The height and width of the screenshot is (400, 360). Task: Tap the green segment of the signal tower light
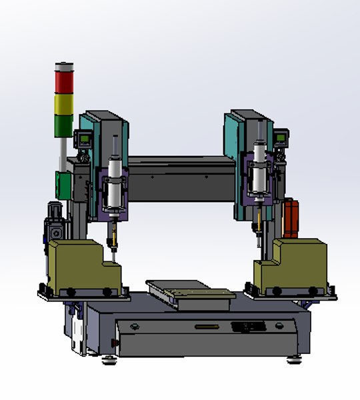coord(65,125)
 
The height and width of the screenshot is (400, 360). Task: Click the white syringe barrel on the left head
coord(114,183)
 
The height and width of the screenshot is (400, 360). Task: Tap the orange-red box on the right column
coord(292,217)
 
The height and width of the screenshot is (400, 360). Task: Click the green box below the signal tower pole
coord(63,185)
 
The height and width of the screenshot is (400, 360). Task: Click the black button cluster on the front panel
coord(250,326)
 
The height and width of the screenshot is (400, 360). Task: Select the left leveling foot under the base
coord(107,362)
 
